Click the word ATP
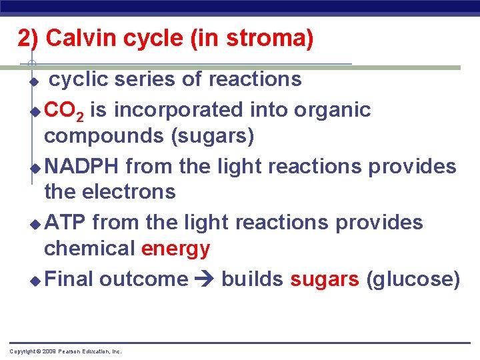tap(65, 221)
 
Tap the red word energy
tap(175, 249)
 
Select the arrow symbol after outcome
tap(205, 279)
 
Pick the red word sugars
tap(325, 279)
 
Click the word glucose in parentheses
tap(413, 279)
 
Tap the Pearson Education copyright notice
tap(65, 351)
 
